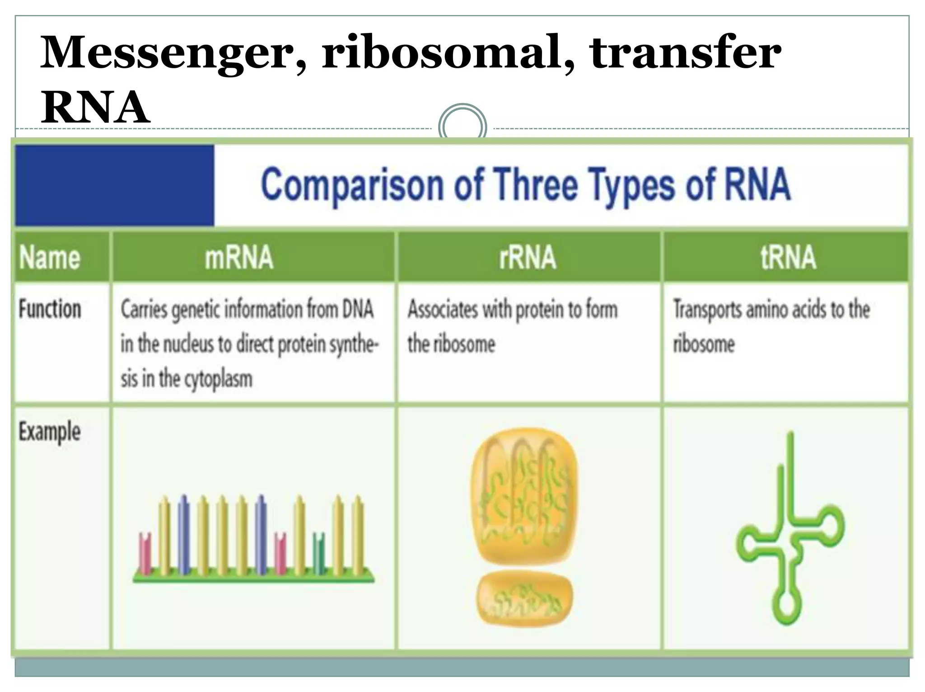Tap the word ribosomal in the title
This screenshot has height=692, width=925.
[x=443, y=53]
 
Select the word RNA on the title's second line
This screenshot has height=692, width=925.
[x=95, y=108]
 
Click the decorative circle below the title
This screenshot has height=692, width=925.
[x=462, y=126]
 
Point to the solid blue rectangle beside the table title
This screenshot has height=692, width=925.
[x=114, y=185]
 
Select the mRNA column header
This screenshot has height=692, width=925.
[x=239, y=257]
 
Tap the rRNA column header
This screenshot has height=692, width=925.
[x=528, y=257]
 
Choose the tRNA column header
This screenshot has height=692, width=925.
[x=788, y=257]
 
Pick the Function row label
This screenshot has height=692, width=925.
[x=50, y=310]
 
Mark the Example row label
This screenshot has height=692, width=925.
[x=50, y=432]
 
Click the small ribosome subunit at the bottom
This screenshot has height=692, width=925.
[x=524, y=598]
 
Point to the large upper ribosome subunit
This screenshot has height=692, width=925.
[x=524, y=497]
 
